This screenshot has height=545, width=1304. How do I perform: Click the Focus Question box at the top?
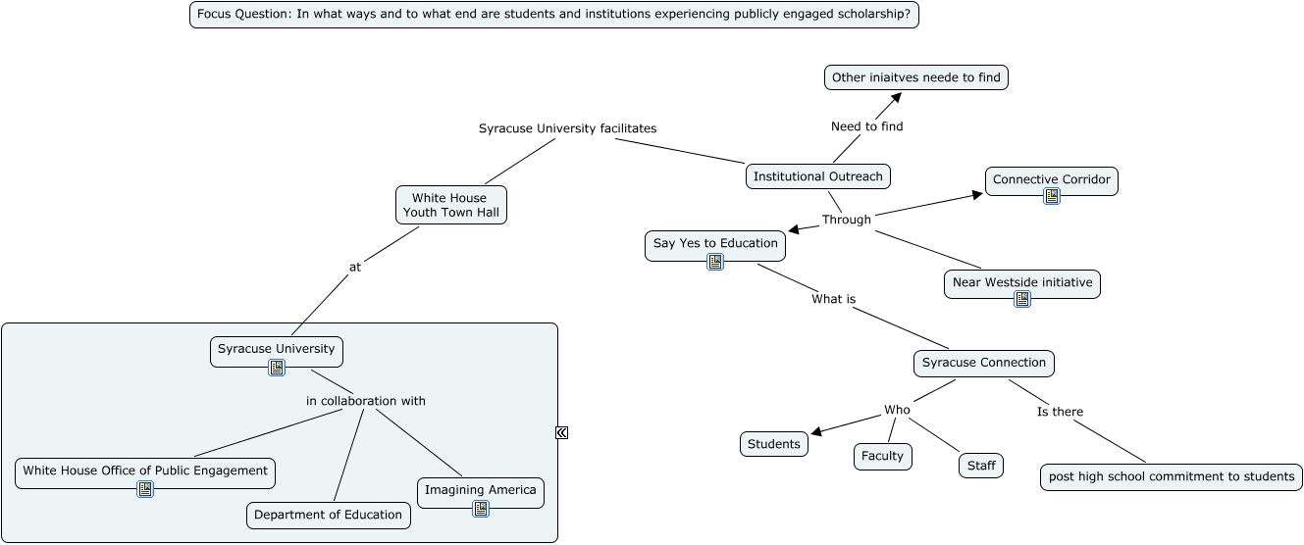[553, 15]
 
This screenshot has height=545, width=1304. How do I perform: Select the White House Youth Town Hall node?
[451, 205]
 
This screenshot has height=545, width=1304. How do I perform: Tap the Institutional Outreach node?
[818, 176]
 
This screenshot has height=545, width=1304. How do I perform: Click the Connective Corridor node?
[1051, 179]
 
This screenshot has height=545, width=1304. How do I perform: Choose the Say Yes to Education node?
[715, 243]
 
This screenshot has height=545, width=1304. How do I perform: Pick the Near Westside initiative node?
[1021, 282]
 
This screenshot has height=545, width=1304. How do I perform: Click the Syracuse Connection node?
[983, 363]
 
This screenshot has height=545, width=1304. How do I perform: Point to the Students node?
[774, 444]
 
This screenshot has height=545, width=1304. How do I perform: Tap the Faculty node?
[882, 456]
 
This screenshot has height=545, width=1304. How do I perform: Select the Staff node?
[981, 466]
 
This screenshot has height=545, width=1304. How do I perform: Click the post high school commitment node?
[1171, 476]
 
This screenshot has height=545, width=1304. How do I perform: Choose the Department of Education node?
[328, 515]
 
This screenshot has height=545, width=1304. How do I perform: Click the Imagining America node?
[480, 490]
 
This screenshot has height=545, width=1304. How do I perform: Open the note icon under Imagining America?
[480, 508]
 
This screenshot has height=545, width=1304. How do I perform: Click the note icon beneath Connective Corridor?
[1052, 196]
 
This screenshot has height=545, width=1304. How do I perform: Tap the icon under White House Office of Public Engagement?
[145, 488]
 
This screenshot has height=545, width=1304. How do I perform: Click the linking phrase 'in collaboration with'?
[365, 401]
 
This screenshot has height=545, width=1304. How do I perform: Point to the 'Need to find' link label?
[866, 126]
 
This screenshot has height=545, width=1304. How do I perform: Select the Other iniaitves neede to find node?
[915, 77]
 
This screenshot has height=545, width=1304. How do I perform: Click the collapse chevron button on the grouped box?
[561, 432]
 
